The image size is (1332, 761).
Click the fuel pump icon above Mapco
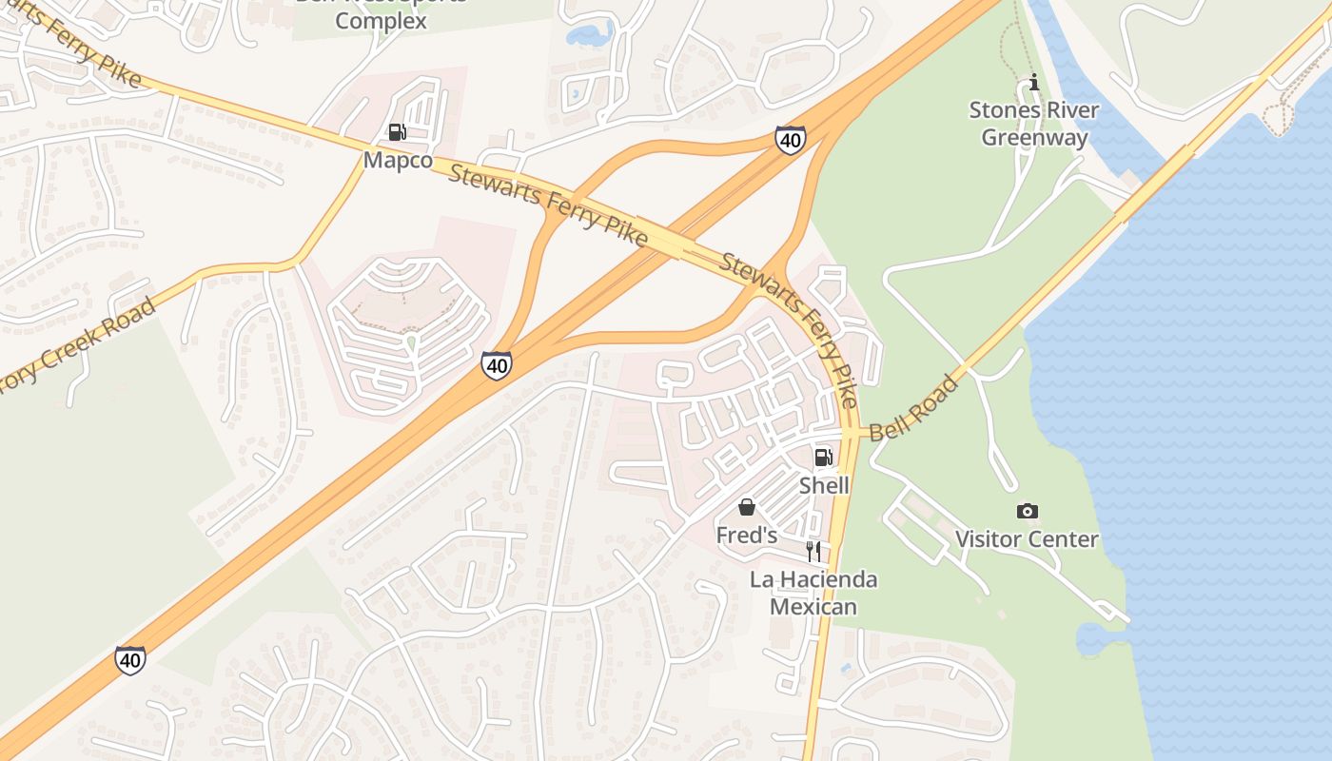tap(398, 132)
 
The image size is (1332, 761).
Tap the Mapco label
tap(398, 160)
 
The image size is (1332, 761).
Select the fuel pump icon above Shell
tap(823, 458)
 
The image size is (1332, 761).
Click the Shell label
tap(824, 485)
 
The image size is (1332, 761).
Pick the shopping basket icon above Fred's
tap(747, 507)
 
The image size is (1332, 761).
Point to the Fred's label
tap(747, 536)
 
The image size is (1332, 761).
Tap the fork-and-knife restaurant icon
tap(813, 551)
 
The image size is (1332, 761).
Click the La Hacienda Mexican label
tap(813, 593)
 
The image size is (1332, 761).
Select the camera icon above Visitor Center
tap(1027, 512)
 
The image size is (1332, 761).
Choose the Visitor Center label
tap(1027, 539)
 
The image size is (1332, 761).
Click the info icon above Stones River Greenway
tap(1034, 83)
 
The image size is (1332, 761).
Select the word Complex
tap(382, 20)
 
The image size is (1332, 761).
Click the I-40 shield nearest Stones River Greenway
tap(790, 140)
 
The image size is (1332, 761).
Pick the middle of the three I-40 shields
tap(496, 364)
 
